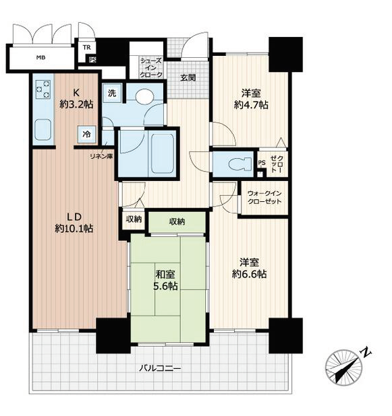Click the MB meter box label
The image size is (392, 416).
[x=40, y=57]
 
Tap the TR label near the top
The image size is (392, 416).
[x=86, y=48]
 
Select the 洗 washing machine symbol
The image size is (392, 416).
[x=112, y=93]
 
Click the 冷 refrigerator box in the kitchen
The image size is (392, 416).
[x=86, y=134]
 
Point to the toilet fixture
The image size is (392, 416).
[x=240, y=164]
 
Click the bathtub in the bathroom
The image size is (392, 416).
[x=163, y=153]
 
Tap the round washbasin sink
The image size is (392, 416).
[x=144, y=96]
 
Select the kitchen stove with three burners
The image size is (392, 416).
[x=43, y=89]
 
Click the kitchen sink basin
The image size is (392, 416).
[x=43, y=130]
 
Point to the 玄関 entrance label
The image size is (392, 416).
[x=188, y=77]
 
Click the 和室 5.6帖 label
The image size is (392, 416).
[x=165, y=280]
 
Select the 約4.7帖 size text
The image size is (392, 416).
[x=251, y=105]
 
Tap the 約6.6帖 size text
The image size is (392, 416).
[x=249, y=274]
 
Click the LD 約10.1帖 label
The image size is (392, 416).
[x=74, y=223]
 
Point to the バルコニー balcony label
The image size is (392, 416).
[x=161, y=368]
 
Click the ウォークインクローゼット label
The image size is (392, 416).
[x=264, y=197]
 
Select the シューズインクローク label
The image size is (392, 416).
[x=150, y=68]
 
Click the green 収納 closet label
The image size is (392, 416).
[x=177, y=221]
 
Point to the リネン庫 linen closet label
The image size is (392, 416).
[x=101, y=156]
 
